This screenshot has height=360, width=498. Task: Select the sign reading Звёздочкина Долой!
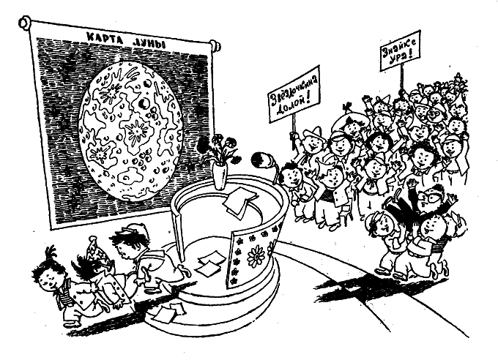(294, 94)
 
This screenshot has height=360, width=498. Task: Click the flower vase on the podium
(220, 176)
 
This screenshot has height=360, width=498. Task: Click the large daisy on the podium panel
(256, 257)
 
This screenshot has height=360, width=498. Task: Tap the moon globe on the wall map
(131, 131)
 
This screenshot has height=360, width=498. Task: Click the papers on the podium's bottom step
(169, 312)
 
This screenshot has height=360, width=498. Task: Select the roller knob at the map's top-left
(25, 22)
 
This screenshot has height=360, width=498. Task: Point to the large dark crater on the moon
(144, 103)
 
